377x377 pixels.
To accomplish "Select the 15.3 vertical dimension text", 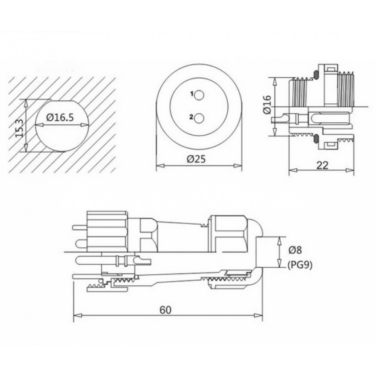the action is (x=20, y=128).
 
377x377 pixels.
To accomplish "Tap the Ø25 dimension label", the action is (x=196, y=159).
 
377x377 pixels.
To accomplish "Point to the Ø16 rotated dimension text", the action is (x=267, y=104).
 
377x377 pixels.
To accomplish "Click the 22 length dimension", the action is (x=322, y=166).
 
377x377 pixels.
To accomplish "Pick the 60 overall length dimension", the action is (x=166, y=310).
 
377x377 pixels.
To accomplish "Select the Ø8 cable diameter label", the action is (x=295, y=250).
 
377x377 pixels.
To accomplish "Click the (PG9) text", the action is (x=300, y=265).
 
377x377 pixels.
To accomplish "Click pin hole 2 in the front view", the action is (x=199, y=118).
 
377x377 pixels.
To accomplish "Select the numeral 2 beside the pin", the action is (x=192, y=117).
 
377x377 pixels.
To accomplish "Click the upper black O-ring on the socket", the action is (x=316, y=74).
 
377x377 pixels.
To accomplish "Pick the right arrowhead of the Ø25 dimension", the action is (x=238, y=165).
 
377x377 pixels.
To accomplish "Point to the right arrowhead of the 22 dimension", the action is (x=350, y=170).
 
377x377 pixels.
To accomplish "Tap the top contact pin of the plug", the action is (x=79, y=227).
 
